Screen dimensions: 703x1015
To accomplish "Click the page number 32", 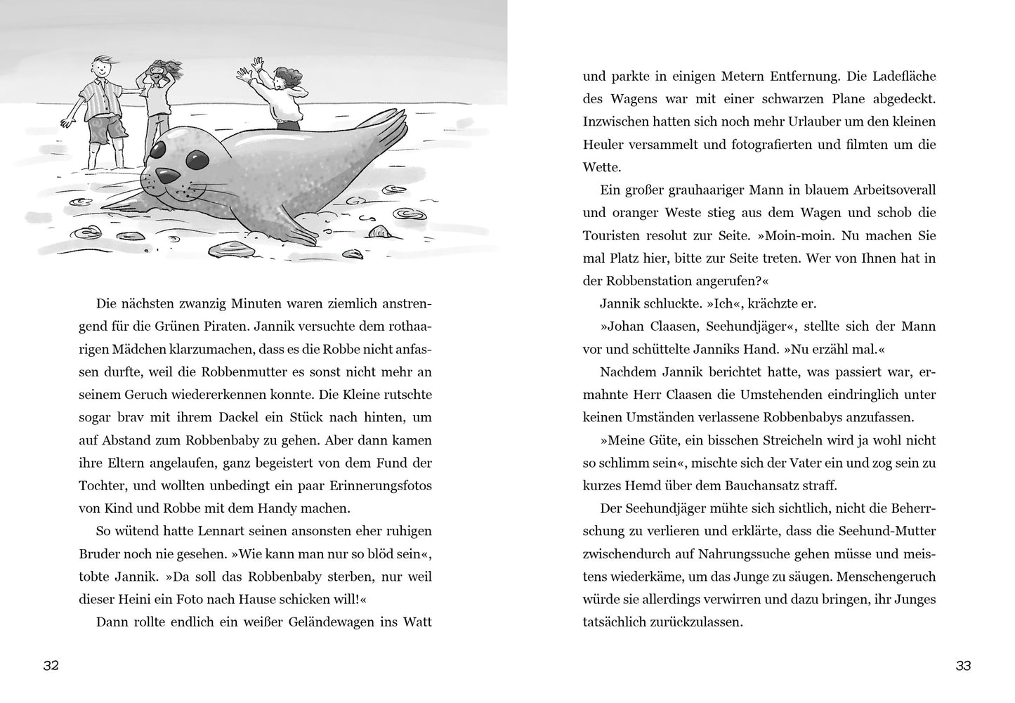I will coord(51,666).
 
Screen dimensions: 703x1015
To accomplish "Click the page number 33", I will coord(963,666).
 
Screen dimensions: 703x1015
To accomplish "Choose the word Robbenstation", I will coord(642,281).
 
